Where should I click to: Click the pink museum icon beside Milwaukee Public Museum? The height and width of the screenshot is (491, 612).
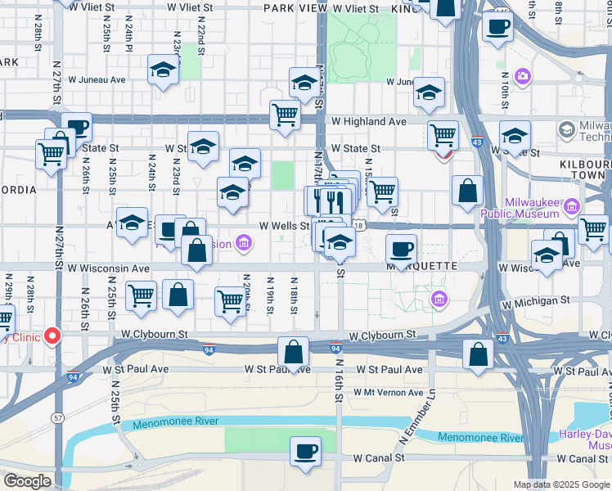(572, 205)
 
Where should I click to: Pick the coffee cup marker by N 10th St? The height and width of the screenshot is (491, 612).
(497, 28)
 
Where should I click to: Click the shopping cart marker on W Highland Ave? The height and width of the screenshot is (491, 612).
(285, 115)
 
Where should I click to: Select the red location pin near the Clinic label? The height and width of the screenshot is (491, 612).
(53, 336)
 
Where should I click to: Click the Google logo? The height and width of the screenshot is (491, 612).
(27, 481)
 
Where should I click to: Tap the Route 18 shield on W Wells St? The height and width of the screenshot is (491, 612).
(359, 225)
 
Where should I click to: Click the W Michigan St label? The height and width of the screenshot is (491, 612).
(536, 301)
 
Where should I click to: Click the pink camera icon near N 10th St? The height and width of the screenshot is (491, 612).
(522, 77)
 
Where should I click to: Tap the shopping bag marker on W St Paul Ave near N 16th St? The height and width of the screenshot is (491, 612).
(293, 353)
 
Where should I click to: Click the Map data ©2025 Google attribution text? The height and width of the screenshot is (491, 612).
(561, 484)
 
